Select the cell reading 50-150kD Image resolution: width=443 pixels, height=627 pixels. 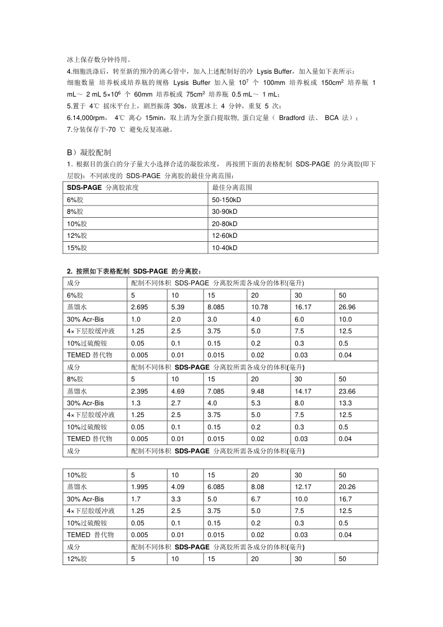point(227,199)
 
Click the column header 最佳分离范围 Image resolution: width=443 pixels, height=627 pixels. point(229,187)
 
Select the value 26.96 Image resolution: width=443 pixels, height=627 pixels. point(347,307)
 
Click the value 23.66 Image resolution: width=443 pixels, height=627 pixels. point(347,391)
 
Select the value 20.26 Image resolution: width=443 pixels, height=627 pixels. point(347,487)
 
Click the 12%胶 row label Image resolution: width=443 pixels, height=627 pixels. point(77,558)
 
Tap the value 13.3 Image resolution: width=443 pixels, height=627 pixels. point(345,403)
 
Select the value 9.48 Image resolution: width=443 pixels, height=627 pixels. point(258,391)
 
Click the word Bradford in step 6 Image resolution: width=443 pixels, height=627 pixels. point(292,118)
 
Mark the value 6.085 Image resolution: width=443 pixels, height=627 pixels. point(216,487)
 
